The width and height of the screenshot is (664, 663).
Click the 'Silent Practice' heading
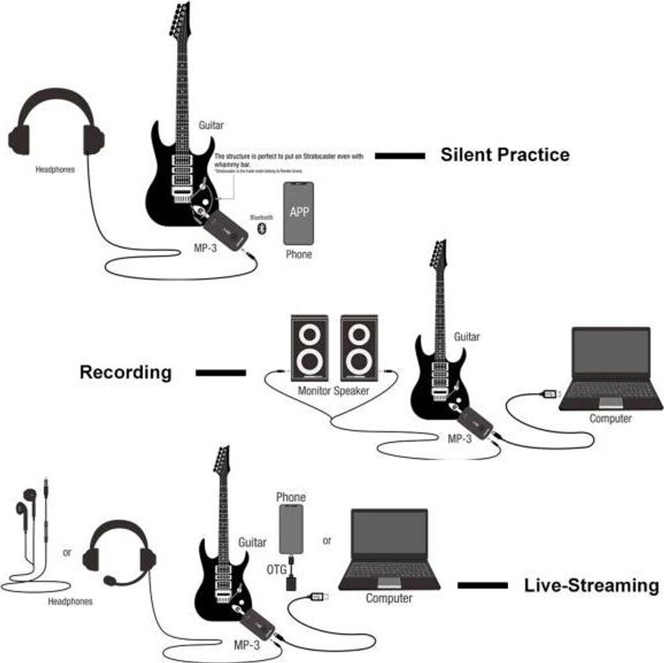tap(504, 155)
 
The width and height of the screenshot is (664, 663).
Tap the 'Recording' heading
tap(125, 372)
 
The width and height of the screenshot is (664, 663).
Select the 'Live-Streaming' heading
tap(591, 585)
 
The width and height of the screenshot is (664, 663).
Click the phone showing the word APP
tap(298, 213)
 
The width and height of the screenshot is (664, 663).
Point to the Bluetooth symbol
tap(262, 228)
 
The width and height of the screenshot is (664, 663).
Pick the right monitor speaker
tap(359, 348)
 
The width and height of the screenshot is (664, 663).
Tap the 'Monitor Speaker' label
tap(333, 391)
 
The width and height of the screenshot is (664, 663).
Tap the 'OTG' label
tap(275, 569)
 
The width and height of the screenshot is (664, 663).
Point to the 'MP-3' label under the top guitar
tap(205, 248)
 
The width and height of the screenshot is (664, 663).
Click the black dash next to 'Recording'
tap(220, 373)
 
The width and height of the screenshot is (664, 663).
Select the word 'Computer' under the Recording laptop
tap(610, 418)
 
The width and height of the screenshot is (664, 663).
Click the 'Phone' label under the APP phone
tap(298, 254)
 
